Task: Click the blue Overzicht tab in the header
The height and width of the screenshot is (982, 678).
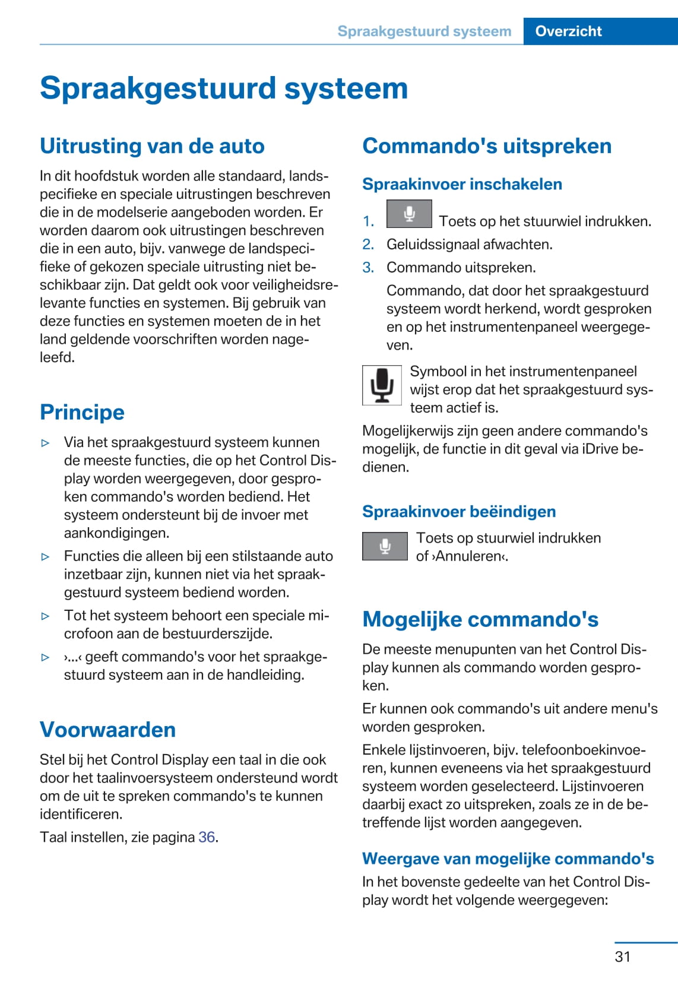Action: tap(568, 31)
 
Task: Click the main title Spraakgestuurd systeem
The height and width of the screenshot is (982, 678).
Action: tap(224, 88)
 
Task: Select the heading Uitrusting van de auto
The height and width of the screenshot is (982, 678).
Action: tap(152, 146)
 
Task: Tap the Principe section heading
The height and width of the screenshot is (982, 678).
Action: tap(82, 412)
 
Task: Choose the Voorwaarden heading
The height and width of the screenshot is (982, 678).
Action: tap(107, 730)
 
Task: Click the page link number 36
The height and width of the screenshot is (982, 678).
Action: tap(207, 837)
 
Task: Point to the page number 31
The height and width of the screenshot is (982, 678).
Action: tap(622, 956)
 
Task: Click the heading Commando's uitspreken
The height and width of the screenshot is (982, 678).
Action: tap(487, 146)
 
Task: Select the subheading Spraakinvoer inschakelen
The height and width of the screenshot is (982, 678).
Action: tap(462, 184)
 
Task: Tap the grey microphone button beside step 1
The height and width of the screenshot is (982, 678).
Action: tap(409, 214)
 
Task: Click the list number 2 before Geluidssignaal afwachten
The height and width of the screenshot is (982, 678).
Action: tap(368, 244)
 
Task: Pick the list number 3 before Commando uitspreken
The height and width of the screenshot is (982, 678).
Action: tap(368, 267)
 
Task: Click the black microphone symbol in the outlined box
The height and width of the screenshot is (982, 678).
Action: tap(382, 385)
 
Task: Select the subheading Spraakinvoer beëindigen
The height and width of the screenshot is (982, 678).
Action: tap(459, 512)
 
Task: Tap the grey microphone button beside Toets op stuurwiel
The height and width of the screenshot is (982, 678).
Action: tap(385, 546)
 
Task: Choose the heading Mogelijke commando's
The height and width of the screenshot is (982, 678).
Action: tap(480, 619)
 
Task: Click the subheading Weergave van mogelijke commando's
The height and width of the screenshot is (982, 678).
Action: tap(508, 859)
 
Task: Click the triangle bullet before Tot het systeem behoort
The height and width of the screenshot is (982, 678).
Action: tap(45, 616)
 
